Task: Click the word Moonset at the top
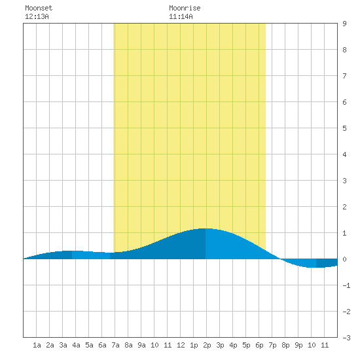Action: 39,8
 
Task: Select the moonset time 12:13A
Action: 37,16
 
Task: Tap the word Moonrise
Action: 185,8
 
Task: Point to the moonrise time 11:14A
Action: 181,16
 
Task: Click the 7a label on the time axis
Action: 115,345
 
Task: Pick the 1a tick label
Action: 37,345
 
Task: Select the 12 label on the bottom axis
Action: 181,345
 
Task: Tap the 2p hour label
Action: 207,345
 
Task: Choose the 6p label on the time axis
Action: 259,345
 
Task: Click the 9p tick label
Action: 298,345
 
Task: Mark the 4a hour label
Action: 76,345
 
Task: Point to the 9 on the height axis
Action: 344,24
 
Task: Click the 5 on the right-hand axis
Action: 344,128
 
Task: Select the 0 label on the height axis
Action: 344,259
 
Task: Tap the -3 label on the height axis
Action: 346,338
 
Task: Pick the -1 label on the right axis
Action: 346,285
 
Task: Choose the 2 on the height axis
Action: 344,207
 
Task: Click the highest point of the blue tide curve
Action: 205,228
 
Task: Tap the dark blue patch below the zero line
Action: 327,263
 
